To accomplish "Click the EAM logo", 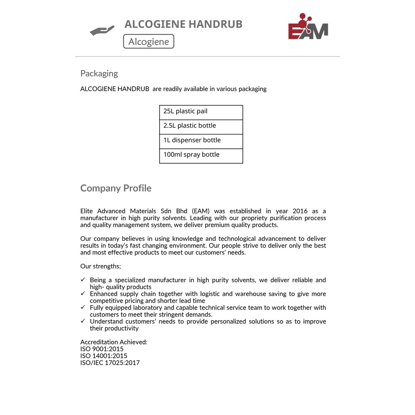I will [x=308, y=28].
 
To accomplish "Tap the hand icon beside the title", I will [x=102, y=31].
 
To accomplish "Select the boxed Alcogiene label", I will [x=148, y=41].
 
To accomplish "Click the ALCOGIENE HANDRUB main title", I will [x=183, y=24].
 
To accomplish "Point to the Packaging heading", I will [x=99, y=73].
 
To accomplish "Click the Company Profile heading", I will [x=116, y=188].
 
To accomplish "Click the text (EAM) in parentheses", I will [x=201, y=211].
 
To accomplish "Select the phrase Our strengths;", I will [x=101, y=266].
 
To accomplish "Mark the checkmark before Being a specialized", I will [x=83, y=280].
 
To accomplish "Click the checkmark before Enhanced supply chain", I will [x=83, y=293].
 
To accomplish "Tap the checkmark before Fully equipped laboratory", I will [x=83, y=307].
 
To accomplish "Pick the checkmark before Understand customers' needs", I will [x=83, y=321].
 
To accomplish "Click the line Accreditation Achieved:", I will [x=114, y=342].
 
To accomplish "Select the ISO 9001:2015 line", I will [x=102, y=349].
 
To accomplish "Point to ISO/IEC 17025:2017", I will [x=110, y=363].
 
